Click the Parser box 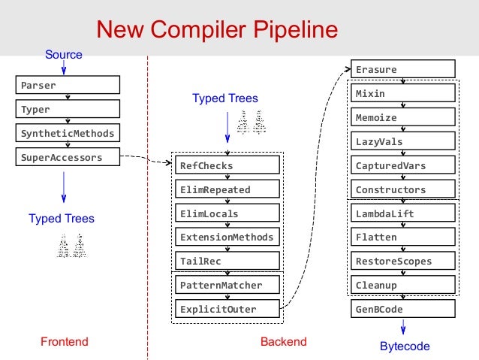[68, 85]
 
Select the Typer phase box [68, 109]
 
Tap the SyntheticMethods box [68, 133]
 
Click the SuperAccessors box [68, 157]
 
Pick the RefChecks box [227, 165]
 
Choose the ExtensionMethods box [227, 237]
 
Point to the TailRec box [227, 261]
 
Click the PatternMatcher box [227, 285]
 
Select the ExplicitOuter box [227, 309]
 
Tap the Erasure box [403, 69]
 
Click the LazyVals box [403, 141]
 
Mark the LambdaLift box [403, 213]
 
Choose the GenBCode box [403, 309]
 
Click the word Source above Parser [64, 54]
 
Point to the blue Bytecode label [405, 346]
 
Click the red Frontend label [65, 342]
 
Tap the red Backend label [284, 342]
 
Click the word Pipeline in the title [296, 29]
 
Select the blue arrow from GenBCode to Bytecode [403, 327]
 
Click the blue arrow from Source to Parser [64, 68]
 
